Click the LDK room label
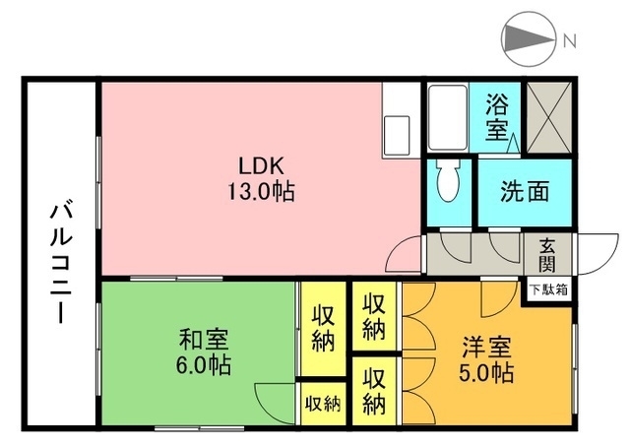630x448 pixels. click(262, 166)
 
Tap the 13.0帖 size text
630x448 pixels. click(262, 191)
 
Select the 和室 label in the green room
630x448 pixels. click(204, 340)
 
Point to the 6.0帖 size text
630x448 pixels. click(204, 365)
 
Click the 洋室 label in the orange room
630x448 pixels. click(486, 348)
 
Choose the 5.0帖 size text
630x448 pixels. click(486, 372)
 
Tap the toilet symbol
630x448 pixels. click(449, 181)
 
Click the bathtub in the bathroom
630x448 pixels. click(448, 117)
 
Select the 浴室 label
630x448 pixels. click(497, 117)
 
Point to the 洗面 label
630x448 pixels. click(525, 192)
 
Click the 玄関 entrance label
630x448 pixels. click(547, 255)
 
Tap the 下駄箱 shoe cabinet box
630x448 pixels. click(549, 289)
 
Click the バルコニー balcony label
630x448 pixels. click(61, 263)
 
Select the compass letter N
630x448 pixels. click(569, 40)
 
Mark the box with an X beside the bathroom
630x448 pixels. click(549, 117)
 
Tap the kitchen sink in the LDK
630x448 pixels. click(396, 136)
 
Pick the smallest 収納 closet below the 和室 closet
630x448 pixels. click(323, 404)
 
